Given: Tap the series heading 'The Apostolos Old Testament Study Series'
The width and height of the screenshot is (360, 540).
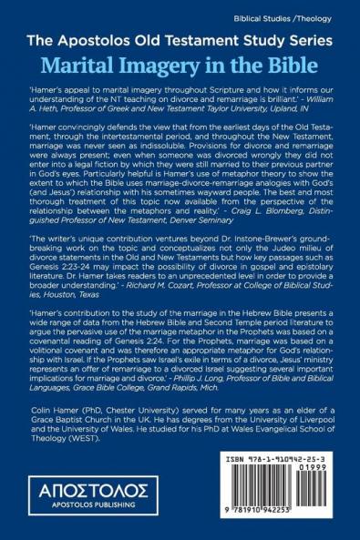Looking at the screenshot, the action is pyautogui.click(x=180, y=43).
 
